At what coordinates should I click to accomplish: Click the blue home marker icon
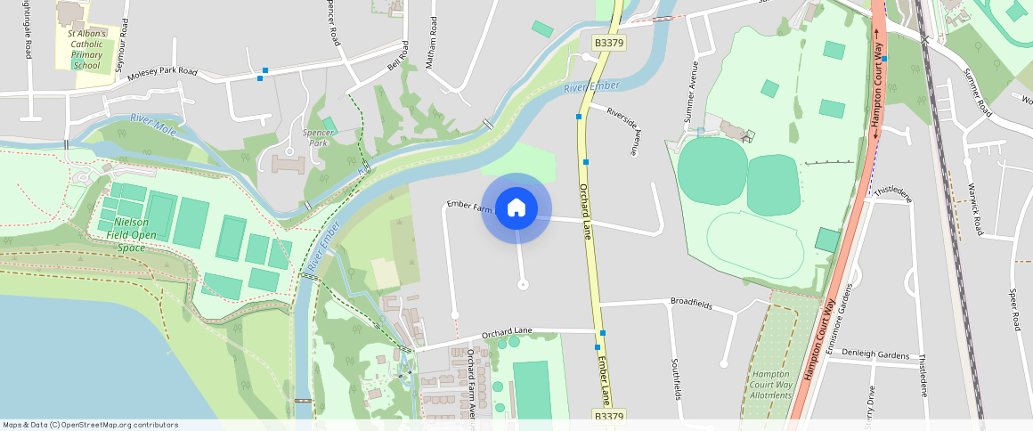tap(516, 208)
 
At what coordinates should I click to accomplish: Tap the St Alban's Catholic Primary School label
tap(87, 49)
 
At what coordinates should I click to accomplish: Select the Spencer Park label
tap(319, 138)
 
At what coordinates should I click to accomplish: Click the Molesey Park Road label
tap(162, 74)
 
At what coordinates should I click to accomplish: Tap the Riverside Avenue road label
tap(623, 130)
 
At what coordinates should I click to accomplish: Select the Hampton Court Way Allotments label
tap(771, 385)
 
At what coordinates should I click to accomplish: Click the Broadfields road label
tap(691, 304)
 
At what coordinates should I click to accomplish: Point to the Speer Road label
tap(1014, 309)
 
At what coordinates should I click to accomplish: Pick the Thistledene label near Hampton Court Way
tap(893, 193)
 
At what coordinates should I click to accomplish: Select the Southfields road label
tap(676, 378)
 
